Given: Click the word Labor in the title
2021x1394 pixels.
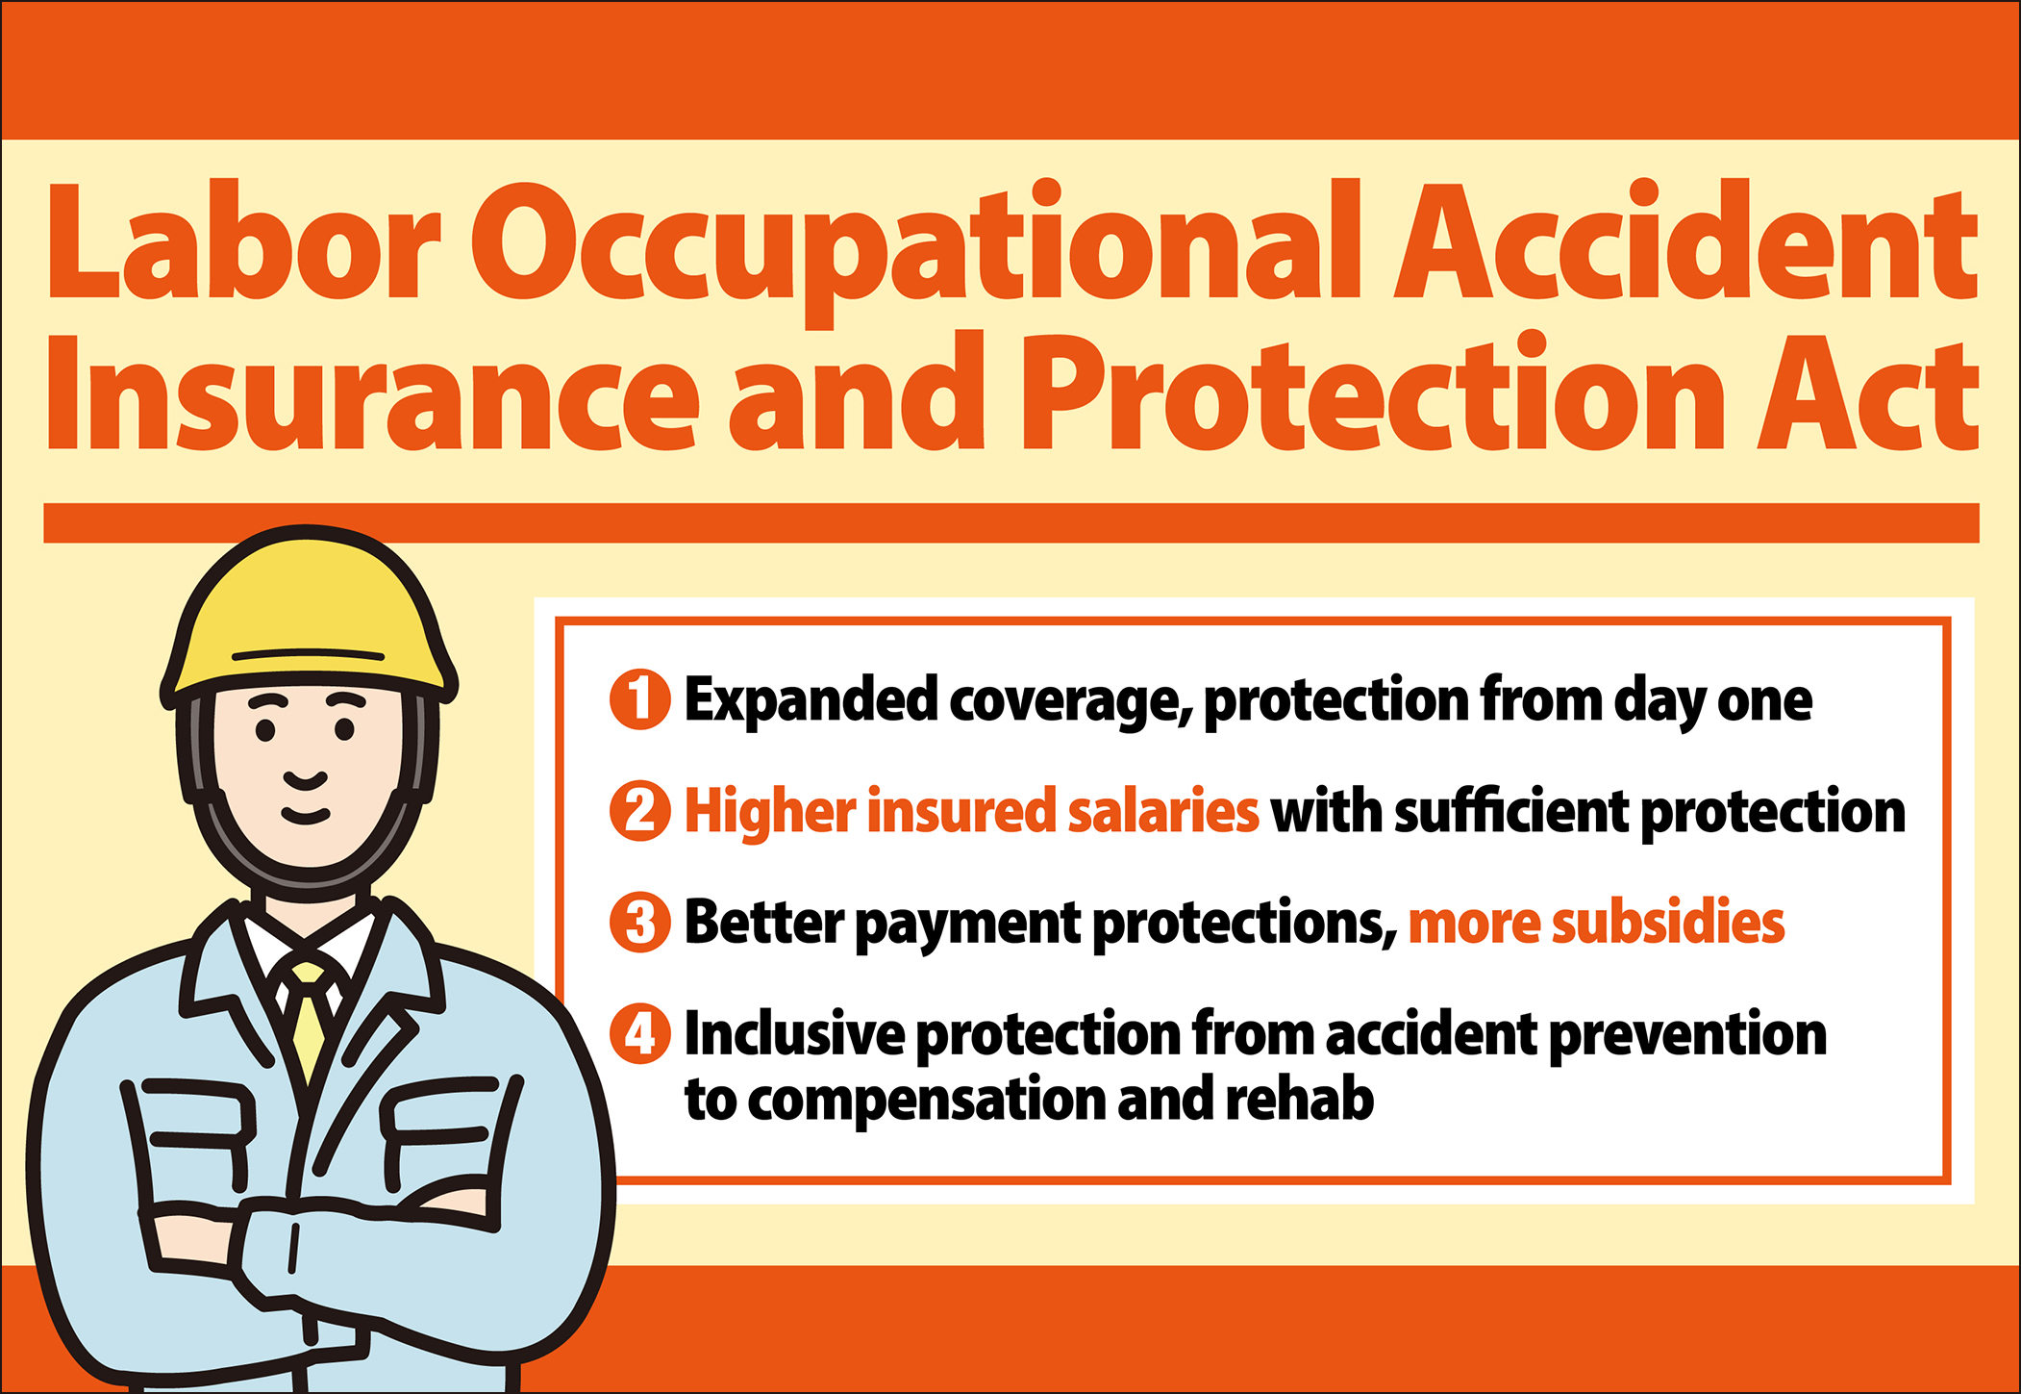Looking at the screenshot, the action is (x=244, y=241).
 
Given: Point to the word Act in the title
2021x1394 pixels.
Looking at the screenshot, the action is (x=1867, y=394).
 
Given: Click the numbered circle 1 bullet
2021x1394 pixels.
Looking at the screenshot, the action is (x=639, y=699).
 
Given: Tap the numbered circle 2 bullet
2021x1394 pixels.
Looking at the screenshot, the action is (x=639, y=811).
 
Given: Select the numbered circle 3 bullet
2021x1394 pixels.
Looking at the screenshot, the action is (x=639, y=923).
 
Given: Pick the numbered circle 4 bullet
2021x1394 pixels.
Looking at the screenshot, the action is (x=639, y=1034).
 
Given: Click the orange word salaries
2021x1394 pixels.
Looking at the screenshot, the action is (x=1162, y=810).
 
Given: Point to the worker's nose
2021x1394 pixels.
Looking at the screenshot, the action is (x=306, y=778).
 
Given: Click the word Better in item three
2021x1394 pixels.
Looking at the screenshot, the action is (x=763, y=922).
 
